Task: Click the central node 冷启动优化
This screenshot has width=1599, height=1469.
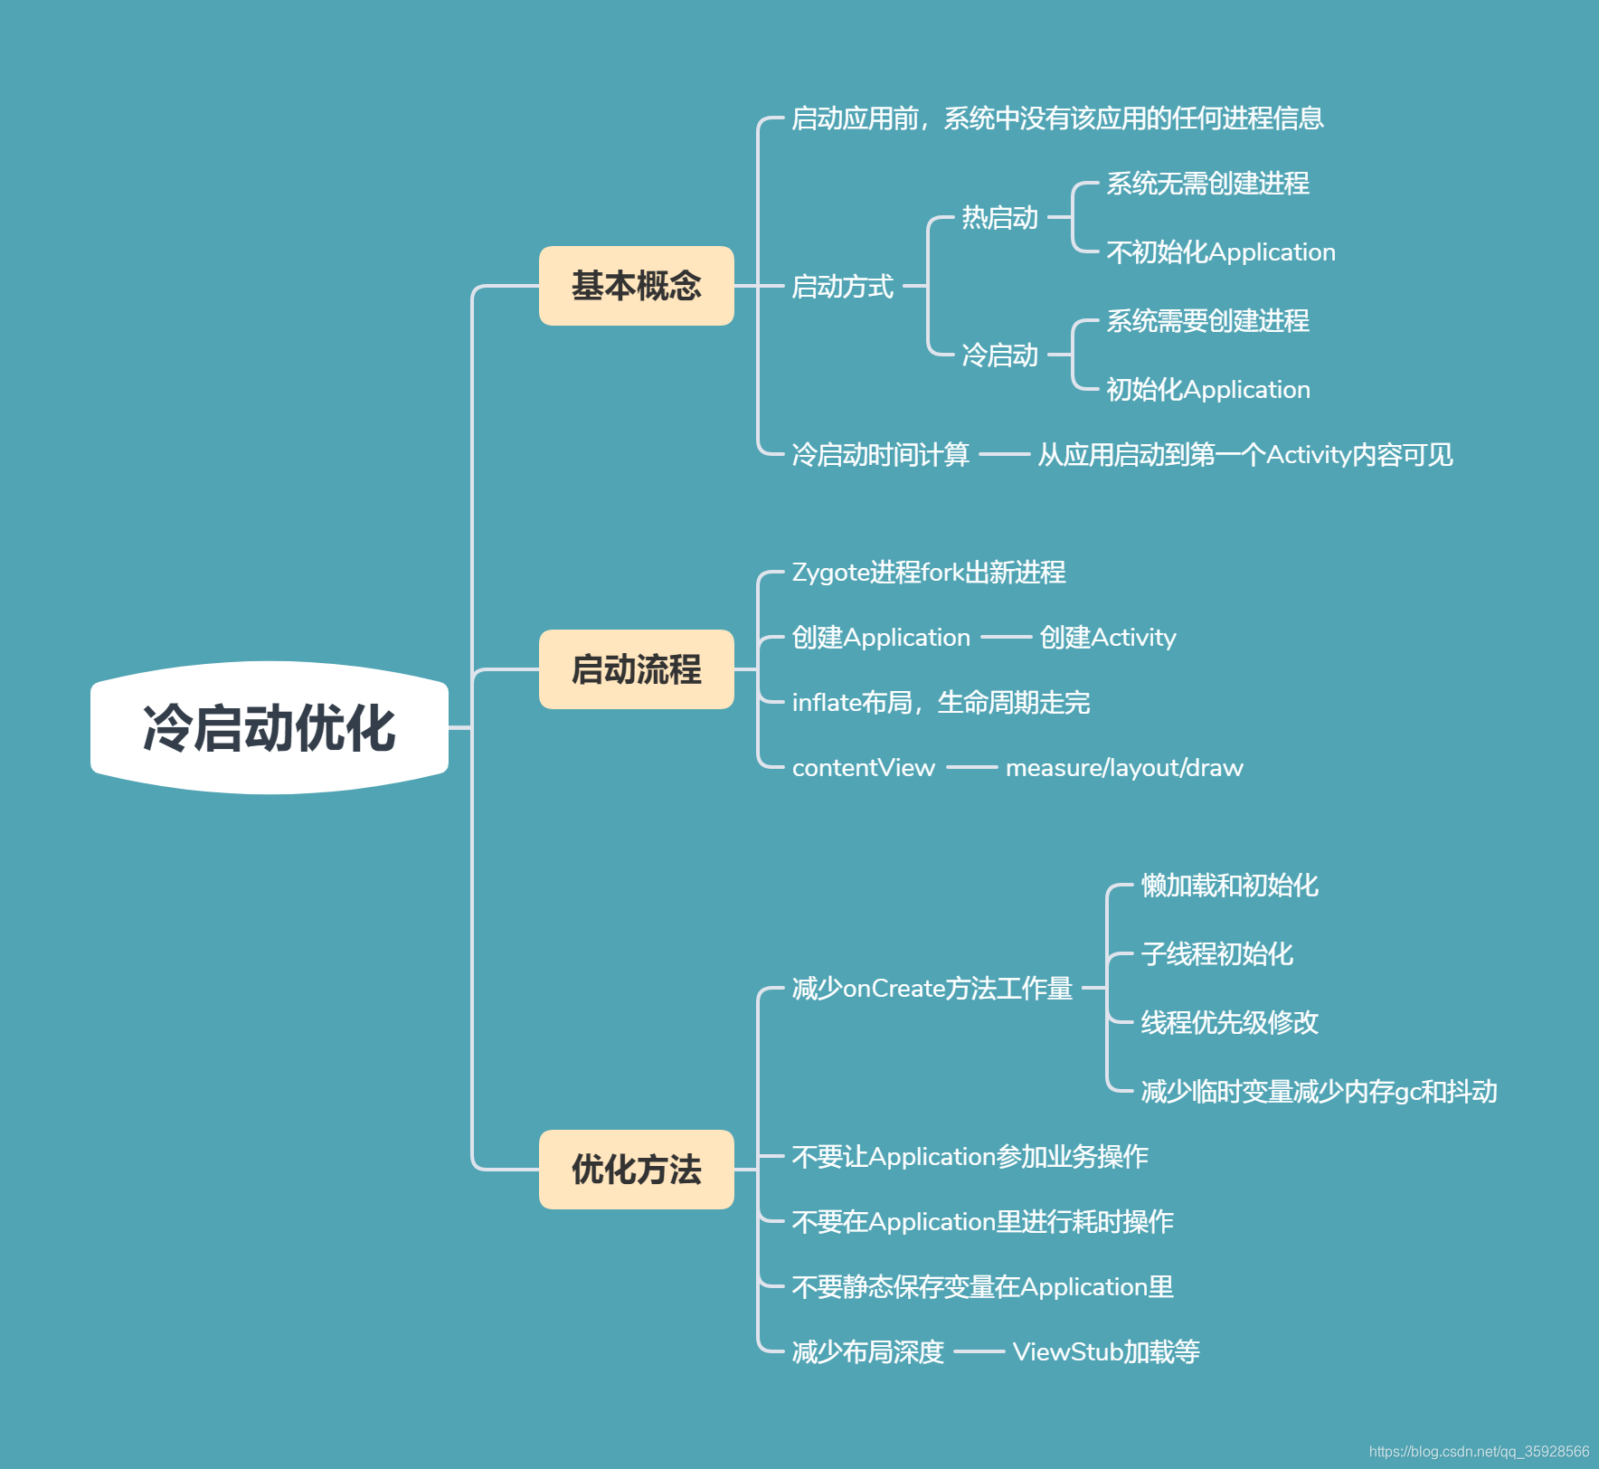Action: point(270,727)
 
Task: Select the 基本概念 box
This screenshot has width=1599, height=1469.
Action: point(636,286)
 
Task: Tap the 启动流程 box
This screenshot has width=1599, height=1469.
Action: point(636,669)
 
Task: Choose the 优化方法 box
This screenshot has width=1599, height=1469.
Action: point(636,1169)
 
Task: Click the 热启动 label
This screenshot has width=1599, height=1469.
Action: point(999,218)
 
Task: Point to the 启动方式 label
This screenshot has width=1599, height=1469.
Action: point(842,287)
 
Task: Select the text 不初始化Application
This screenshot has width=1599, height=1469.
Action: point(1220,252)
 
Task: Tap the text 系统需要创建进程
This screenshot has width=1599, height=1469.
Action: point(1207,321)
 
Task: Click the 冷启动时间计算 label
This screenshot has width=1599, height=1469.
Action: point(880,454)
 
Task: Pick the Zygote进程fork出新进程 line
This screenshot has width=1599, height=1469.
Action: point(928,573)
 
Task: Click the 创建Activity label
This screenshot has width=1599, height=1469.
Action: point(1108,638)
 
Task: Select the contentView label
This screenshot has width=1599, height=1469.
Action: point(863,768)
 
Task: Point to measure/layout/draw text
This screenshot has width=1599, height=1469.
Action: point(1124,768)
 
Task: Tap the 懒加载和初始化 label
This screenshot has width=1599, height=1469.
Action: point(1229,886)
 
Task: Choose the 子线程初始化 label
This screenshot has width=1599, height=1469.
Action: point(1216,954)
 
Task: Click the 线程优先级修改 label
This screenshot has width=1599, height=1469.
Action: point(1229,1023)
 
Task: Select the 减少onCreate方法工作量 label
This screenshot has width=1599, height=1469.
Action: point(932,989)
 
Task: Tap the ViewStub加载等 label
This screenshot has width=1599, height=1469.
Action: point(1106,1352)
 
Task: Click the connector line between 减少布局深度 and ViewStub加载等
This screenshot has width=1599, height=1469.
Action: point(979,1352)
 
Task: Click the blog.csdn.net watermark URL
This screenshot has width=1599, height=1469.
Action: point(1479,1451)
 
